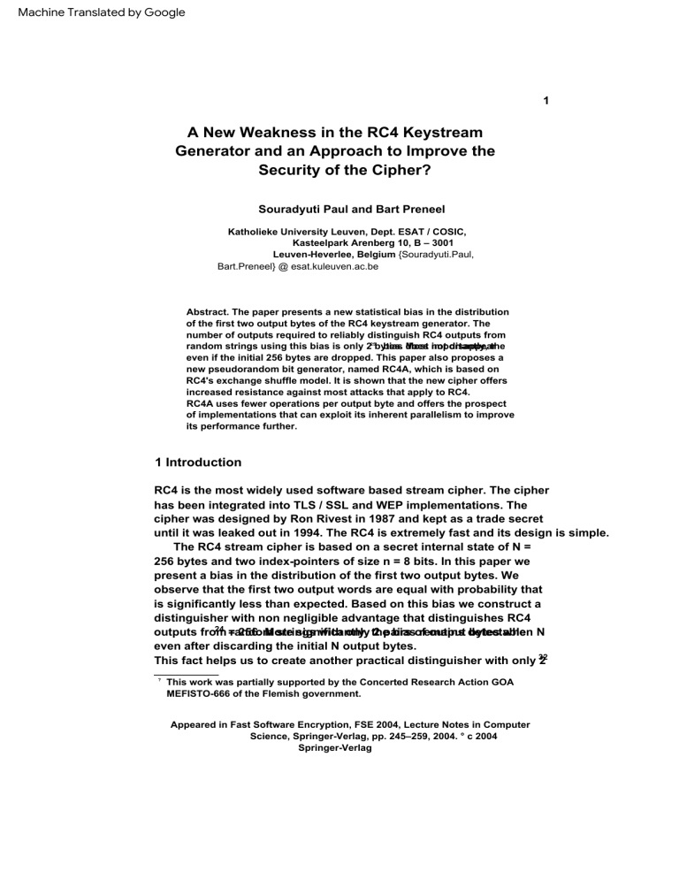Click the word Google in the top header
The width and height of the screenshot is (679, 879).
coord(159,12)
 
